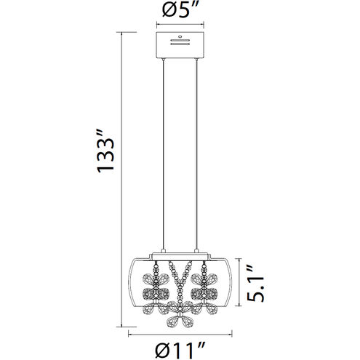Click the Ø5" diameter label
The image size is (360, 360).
tap(180, 10)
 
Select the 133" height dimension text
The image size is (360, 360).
tap(105, 151)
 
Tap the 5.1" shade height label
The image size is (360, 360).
tap(255, 283)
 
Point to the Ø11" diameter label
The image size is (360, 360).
tap(180, 351)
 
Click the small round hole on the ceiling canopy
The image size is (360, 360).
tap(180, 37)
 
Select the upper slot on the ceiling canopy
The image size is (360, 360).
tap(180, 40)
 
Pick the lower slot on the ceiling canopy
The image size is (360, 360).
tap(180, 44)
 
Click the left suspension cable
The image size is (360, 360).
tap(163, 154)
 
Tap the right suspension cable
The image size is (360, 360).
tap(196, 154)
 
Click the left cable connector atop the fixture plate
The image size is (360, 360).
tap(163, 251)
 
